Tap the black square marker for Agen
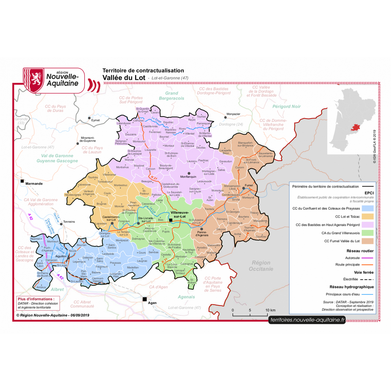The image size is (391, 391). [x=144, y=299]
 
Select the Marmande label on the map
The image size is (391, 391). [x=34, y=184]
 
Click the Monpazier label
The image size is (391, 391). [x=233, y=114]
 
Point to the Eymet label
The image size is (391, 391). [x=95, y=120]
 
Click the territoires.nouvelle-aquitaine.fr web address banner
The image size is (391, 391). [x=307, y=320]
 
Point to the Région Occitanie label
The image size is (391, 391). [x=262, y=266]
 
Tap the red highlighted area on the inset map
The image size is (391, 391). [x=356, y=128]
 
